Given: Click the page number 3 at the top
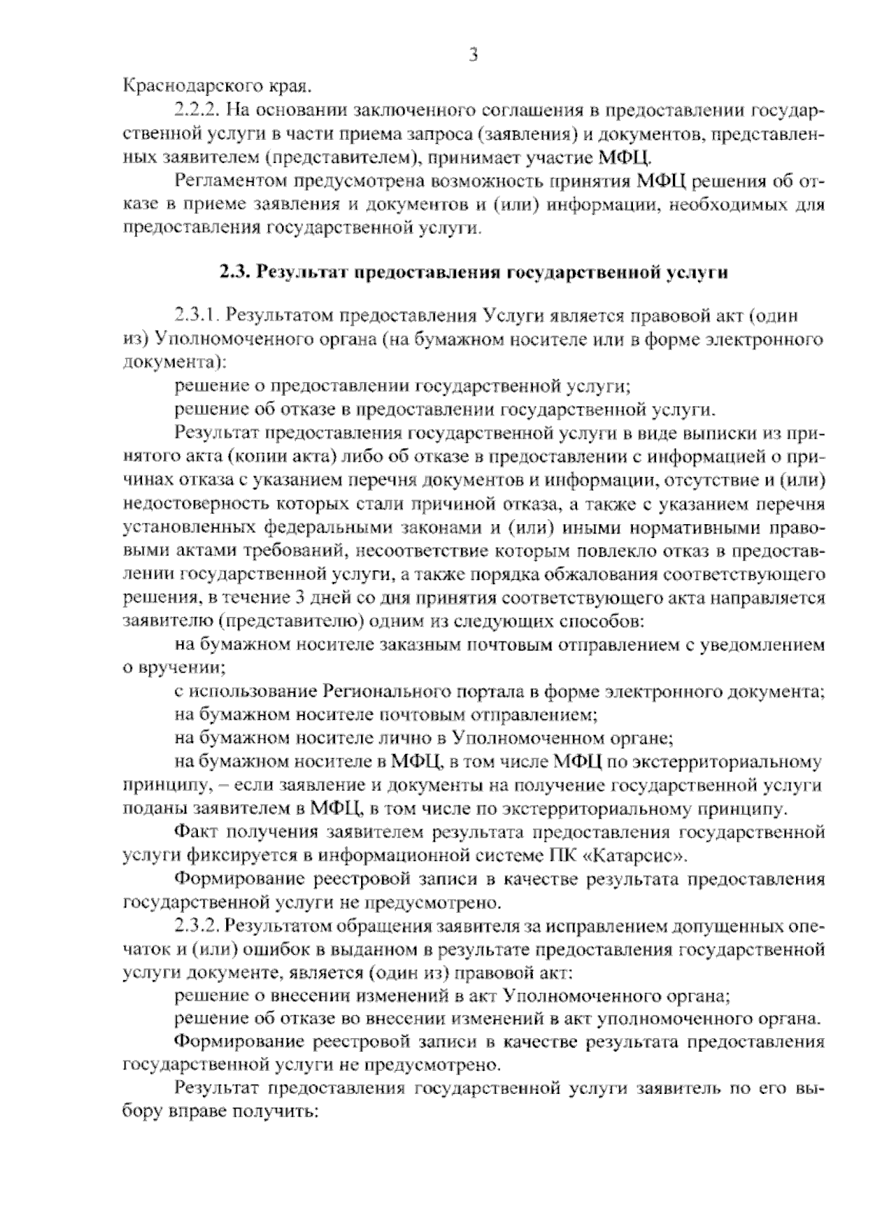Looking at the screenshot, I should pos(473,55).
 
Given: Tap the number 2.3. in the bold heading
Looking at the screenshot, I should pos(235,273).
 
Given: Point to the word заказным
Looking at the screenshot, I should pos(414,645).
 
